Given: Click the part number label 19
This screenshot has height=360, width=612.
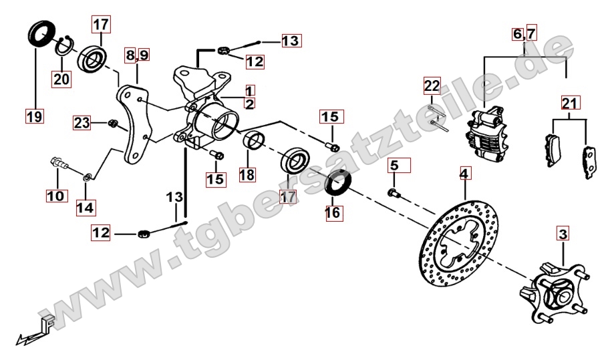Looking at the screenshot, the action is [34, 116].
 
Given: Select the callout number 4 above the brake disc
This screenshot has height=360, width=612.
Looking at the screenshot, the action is [464, 173].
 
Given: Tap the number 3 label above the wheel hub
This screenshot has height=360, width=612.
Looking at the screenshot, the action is [563, 234].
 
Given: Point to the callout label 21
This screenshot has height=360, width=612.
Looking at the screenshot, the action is [570, 103].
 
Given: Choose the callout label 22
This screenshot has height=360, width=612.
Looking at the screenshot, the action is [432, 85].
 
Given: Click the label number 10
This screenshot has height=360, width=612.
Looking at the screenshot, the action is [56, 196].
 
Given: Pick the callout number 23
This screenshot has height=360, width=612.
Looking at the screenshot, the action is [82, 123].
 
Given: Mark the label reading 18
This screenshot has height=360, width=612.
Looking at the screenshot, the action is [247, 175].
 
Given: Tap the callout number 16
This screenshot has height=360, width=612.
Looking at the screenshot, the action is [333, 212].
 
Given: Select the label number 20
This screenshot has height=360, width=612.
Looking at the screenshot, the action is [61, 79].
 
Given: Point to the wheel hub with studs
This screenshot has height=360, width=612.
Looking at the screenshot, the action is [555, 291].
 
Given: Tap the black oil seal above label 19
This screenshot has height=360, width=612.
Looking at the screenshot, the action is [41, 34].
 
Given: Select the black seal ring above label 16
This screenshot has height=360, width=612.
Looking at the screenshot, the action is [339, 182].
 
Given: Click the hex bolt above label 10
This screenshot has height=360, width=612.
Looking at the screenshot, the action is [59, 163].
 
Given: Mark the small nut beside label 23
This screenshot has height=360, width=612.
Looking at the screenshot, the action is [112, 124].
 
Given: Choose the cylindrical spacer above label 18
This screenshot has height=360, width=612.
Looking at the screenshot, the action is [255, 141].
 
